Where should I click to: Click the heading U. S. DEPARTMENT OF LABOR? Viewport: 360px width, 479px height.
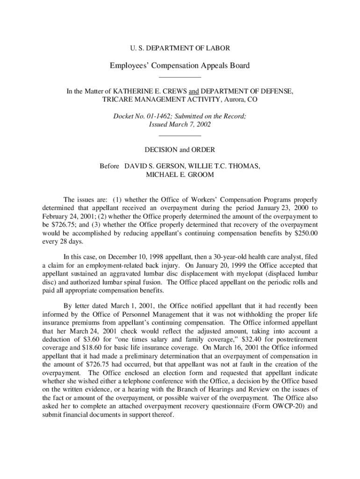[x=180, y=48]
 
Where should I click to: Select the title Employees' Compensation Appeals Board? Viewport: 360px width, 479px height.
[x=180, y=65]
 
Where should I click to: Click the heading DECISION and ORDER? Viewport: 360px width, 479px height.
[x=180, y=150]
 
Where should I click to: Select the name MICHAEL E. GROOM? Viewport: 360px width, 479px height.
[x=180, y=174]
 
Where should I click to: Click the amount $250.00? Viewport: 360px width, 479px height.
[x=305, y=232]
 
